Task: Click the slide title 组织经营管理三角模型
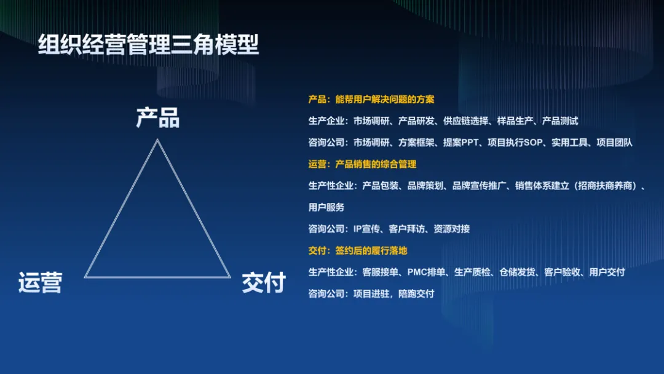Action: point(148,46)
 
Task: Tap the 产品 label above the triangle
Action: point(157,117)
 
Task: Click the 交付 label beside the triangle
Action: point(264,282)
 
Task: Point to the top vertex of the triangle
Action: point(157,140)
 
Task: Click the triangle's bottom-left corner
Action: point(85,277)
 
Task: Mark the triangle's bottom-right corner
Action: point(230,277)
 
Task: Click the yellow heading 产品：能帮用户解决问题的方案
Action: point(371,99)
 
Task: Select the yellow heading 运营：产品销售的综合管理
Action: point(362,164)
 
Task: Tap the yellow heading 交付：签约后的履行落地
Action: point(358,250)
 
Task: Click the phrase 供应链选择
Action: point(465,121)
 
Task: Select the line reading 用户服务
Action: point(326,207)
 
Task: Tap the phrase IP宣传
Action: point(366,229)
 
